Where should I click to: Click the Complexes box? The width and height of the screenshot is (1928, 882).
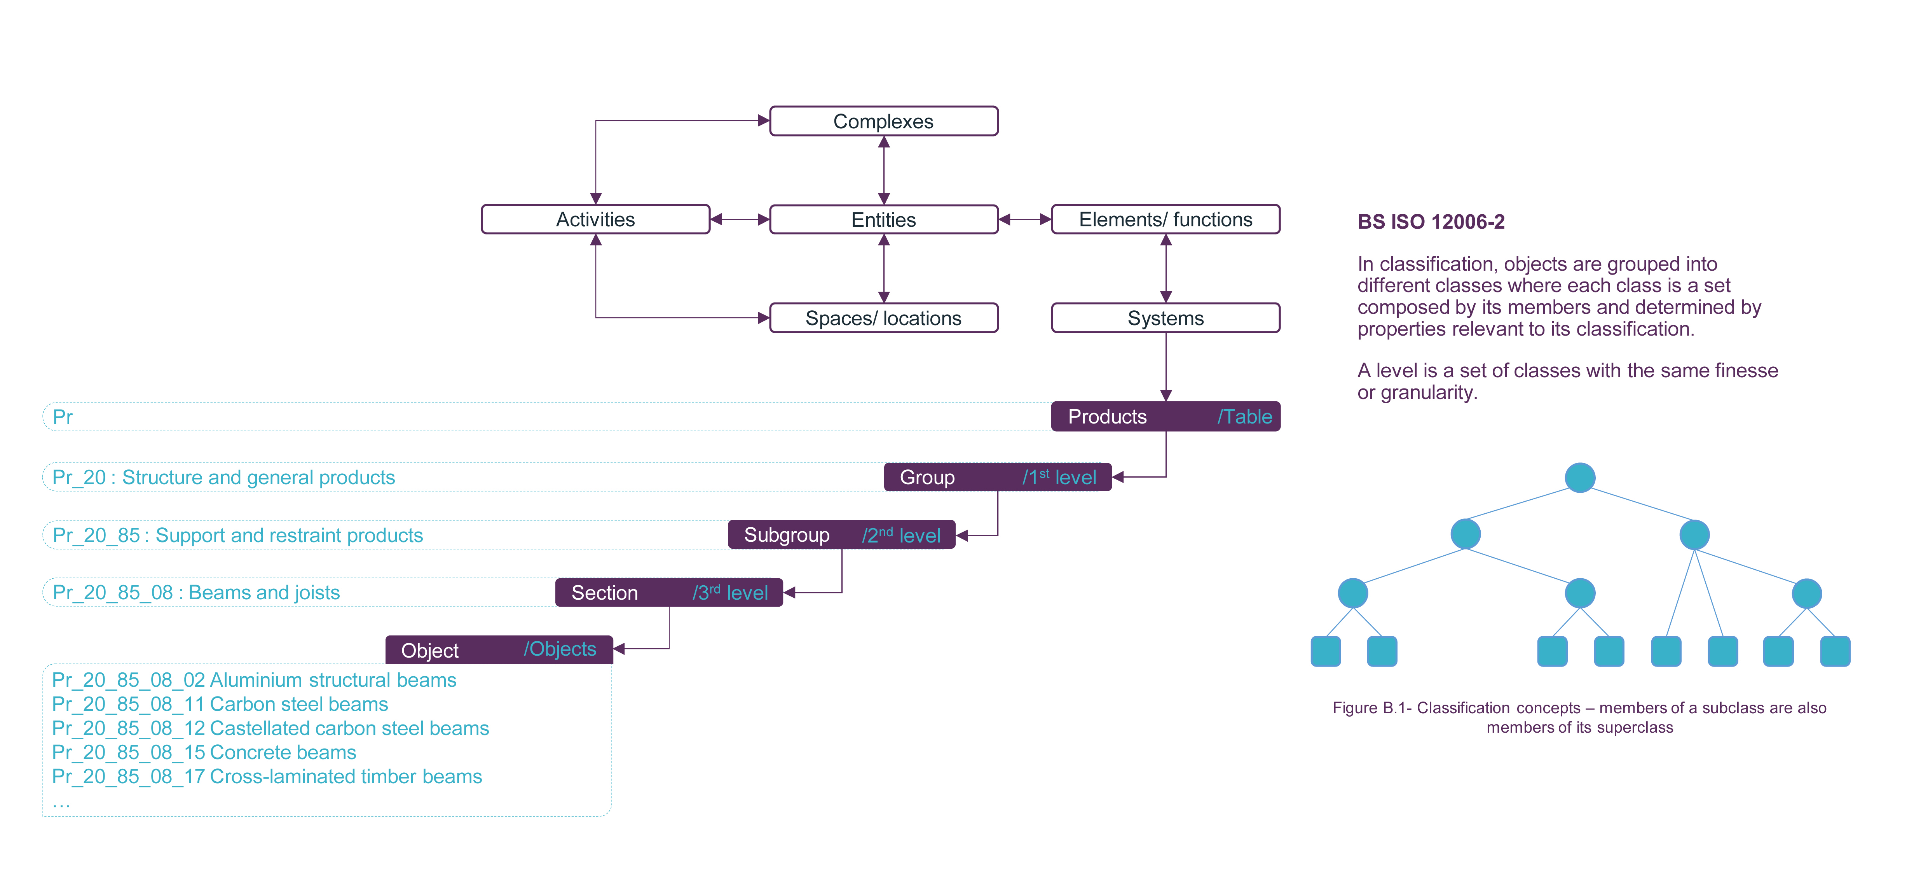point(883,121)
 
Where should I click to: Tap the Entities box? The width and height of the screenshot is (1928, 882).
point(883,219)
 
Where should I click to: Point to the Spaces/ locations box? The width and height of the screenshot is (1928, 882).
point(883,318)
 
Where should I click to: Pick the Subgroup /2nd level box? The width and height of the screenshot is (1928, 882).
point(841,535)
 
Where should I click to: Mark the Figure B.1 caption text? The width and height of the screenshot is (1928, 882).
point(1579,717)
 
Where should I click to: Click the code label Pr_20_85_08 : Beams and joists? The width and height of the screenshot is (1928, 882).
point(196,592)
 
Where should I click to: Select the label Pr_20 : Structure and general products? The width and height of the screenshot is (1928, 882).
point(223,477)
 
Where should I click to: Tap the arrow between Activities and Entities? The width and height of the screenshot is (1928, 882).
point(740,219)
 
